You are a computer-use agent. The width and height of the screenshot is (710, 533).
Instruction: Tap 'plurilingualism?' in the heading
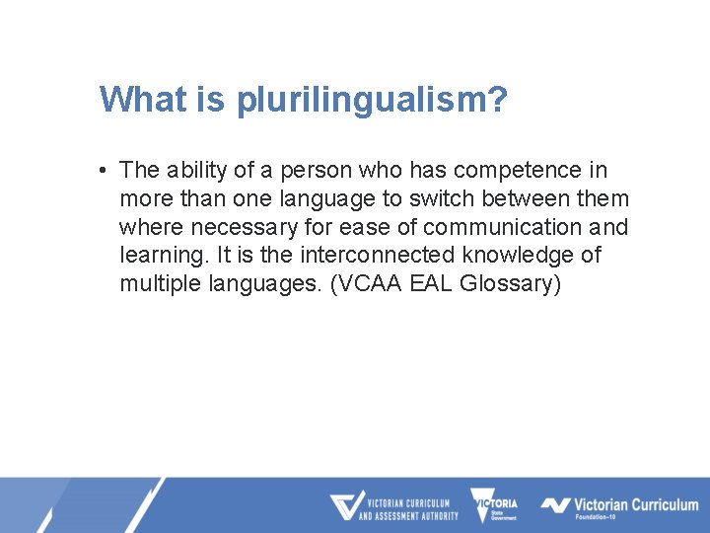point(372,101)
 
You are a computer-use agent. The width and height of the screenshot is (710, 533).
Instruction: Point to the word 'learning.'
point(161,256)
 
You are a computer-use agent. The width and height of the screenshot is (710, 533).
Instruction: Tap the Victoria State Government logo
point(494,506)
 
